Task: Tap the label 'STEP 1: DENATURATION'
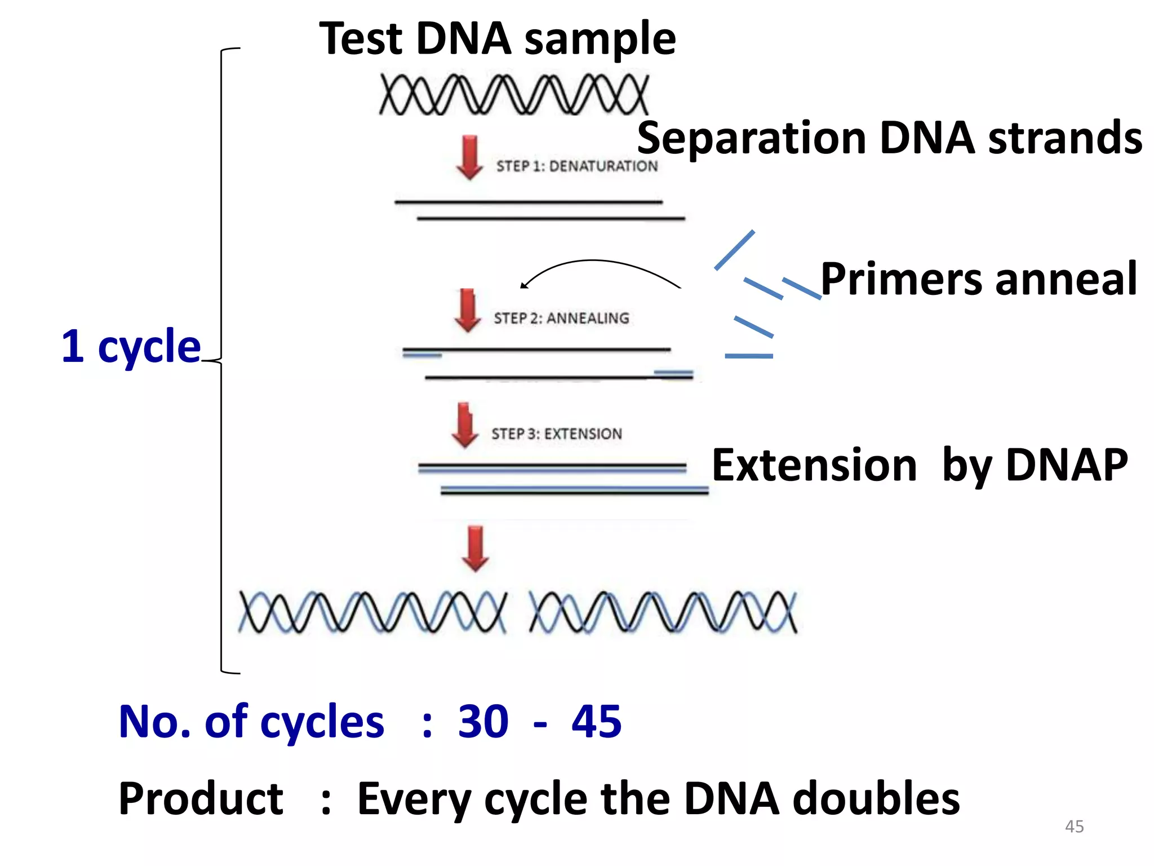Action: (x=576, y=166)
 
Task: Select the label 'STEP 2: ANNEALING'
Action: (x=561, y=319)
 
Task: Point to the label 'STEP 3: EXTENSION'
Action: (x=556, y=434)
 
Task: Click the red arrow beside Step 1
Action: (x=469, y=157)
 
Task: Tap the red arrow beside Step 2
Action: (x=467, y=310)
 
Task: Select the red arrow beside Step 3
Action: (x=465, y=426)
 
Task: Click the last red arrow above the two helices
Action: (x=475, y=549)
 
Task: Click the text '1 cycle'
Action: (x=131, y=346)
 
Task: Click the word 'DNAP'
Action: (x=1067, y=465)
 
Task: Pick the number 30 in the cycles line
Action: (x=483, y=722)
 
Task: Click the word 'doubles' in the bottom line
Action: (x=876, y=799)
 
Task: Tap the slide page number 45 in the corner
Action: (x=1074, y=827)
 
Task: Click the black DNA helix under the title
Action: (x=514, y=95)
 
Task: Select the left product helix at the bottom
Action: (x=372, y=612)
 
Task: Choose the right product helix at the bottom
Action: (x=663, y=612)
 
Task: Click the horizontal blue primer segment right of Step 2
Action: (x=748, y=356)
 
